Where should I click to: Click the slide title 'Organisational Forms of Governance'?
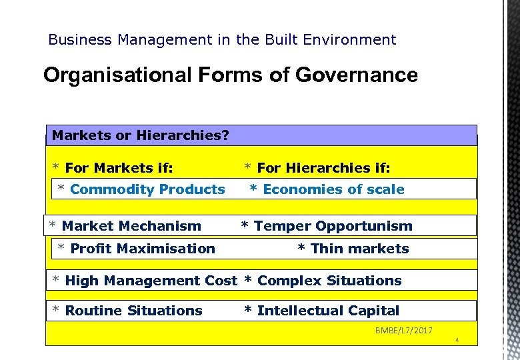tap(230, 75)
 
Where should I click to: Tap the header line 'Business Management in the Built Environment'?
tap(222, 40)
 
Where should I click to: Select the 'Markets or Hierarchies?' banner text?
tap(141, 135)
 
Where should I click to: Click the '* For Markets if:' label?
tap(113, 168)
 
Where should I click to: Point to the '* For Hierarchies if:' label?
tap(317, 168)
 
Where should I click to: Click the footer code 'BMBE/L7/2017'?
tap(403, 331)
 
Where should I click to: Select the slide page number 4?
tap(457, 341)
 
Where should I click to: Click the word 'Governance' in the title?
tap(357, 75)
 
